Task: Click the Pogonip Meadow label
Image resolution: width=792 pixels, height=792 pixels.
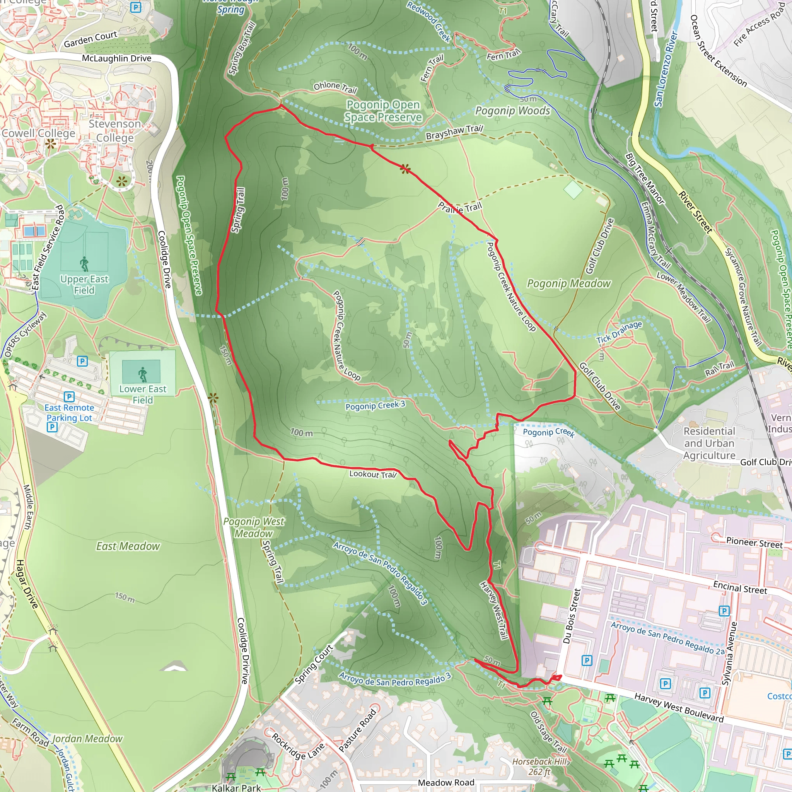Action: [568, 284]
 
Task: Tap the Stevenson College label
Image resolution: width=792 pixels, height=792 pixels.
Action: [115, 130]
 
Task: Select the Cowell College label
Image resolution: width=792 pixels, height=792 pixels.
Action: [39, 133]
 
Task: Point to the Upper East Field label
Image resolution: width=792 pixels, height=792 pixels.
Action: [84, 285]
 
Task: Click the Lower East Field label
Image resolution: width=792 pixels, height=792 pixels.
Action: [143, 394]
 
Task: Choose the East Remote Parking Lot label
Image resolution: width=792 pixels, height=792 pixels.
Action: [69, 413]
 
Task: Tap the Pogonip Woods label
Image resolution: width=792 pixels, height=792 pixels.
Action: [512, 111]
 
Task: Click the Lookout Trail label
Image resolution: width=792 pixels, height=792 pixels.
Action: [373, 474]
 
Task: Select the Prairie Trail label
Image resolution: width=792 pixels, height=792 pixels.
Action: [460, 207]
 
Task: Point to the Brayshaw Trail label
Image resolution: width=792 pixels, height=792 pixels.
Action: [454, 132]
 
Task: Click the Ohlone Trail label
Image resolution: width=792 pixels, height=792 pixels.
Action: [335, 87]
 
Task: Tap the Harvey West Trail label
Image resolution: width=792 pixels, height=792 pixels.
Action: [494, 610]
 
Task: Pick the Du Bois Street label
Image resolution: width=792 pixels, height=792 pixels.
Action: [572, 616]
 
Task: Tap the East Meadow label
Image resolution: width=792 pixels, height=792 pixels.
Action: [128, 546]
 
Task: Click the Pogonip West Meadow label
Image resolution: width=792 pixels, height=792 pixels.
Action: [253, 527]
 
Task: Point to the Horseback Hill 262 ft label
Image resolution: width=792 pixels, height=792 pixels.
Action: [539, 766]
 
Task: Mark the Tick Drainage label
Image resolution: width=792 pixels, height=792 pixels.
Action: [619, 332]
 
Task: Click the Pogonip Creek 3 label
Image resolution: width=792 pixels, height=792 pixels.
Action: [375, 405]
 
